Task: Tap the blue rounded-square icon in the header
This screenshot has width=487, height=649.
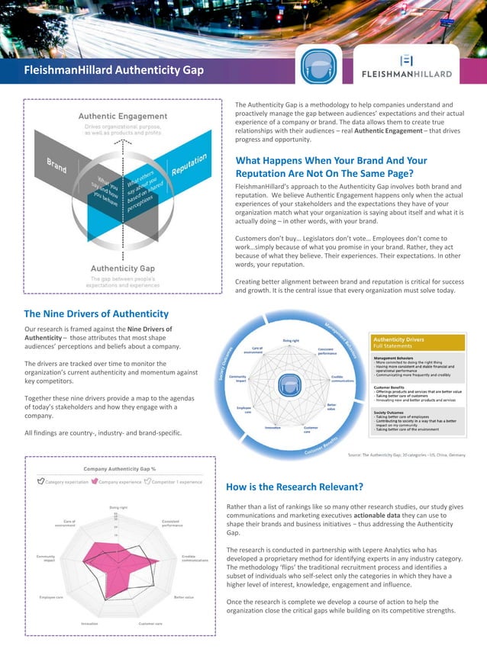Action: [316, 66]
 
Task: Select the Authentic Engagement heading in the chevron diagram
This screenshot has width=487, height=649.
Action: [123, 116]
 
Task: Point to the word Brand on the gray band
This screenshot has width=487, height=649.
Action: [57, 165]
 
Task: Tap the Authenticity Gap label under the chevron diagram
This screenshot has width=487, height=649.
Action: [123, 268]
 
